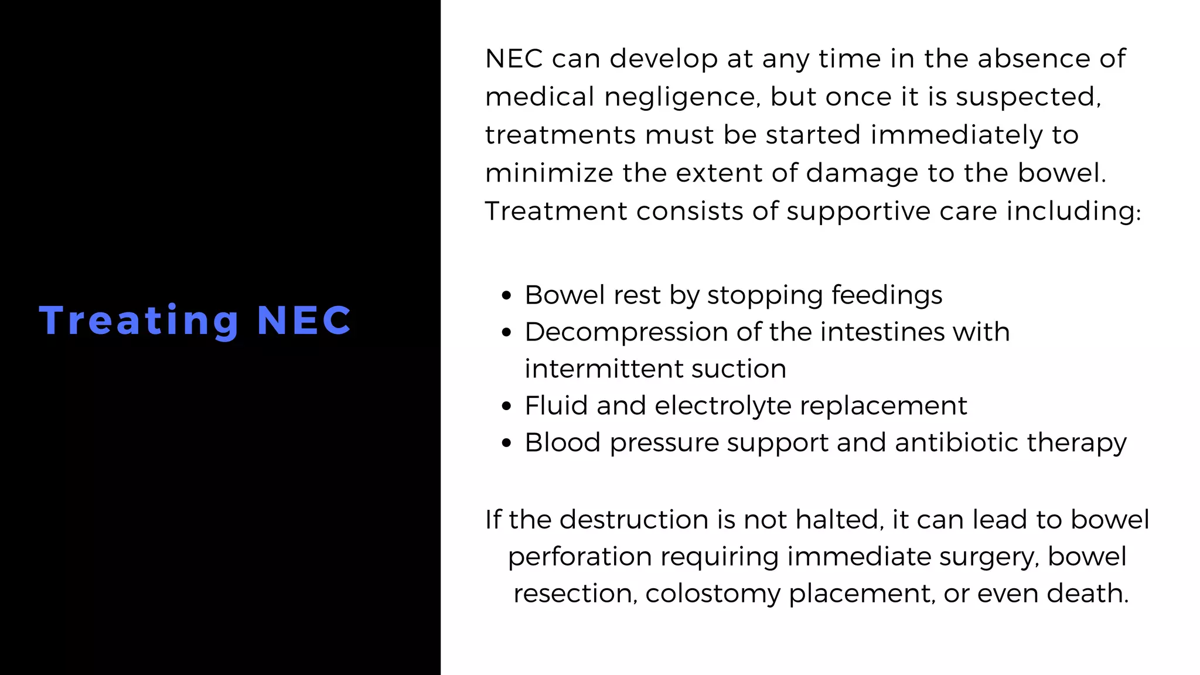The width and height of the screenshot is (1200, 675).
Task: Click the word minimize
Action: pyautogui.click(x=549, y=173)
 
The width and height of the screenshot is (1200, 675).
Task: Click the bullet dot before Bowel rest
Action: pyautogui.click(x=507, y=296)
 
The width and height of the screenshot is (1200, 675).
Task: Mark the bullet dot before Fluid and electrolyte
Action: pyautogui.click(x=507, y=407)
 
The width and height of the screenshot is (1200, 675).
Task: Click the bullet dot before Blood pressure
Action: pyautogui.click(x=507, y=444)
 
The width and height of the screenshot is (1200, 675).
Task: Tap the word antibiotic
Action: pyautogui.click(x=956, y=442)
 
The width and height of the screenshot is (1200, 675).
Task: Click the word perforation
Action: pyautogui.click(x=579, y=557)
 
